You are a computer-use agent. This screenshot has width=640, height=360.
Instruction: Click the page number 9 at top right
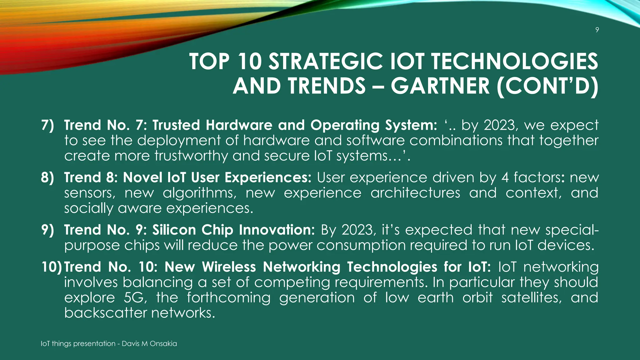[x=597, y=30]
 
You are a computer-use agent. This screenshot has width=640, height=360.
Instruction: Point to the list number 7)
[x=47, y=125]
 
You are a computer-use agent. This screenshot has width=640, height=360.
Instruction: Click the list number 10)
[x=52, y=267]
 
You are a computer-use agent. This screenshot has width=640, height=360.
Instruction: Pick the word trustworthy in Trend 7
[x=191, y=156]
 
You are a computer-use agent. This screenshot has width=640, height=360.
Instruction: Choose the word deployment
[x=179, y=141]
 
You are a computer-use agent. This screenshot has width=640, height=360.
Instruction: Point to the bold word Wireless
[x=229, y=267]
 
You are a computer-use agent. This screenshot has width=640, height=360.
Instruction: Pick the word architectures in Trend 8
[x=415, y=193]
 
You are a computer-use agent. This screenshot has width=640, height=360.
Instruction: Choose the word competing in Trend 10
[x=292, y=282]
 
